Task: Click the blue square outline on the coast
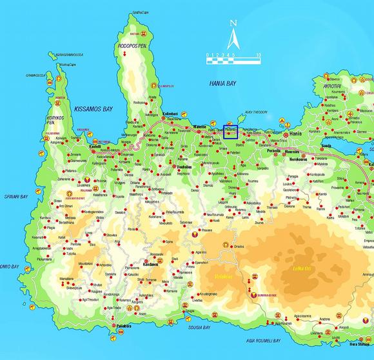click(230, 132)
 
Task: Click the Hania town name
click(296, 133)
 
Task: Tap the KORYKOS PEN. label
click(55, 120)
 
